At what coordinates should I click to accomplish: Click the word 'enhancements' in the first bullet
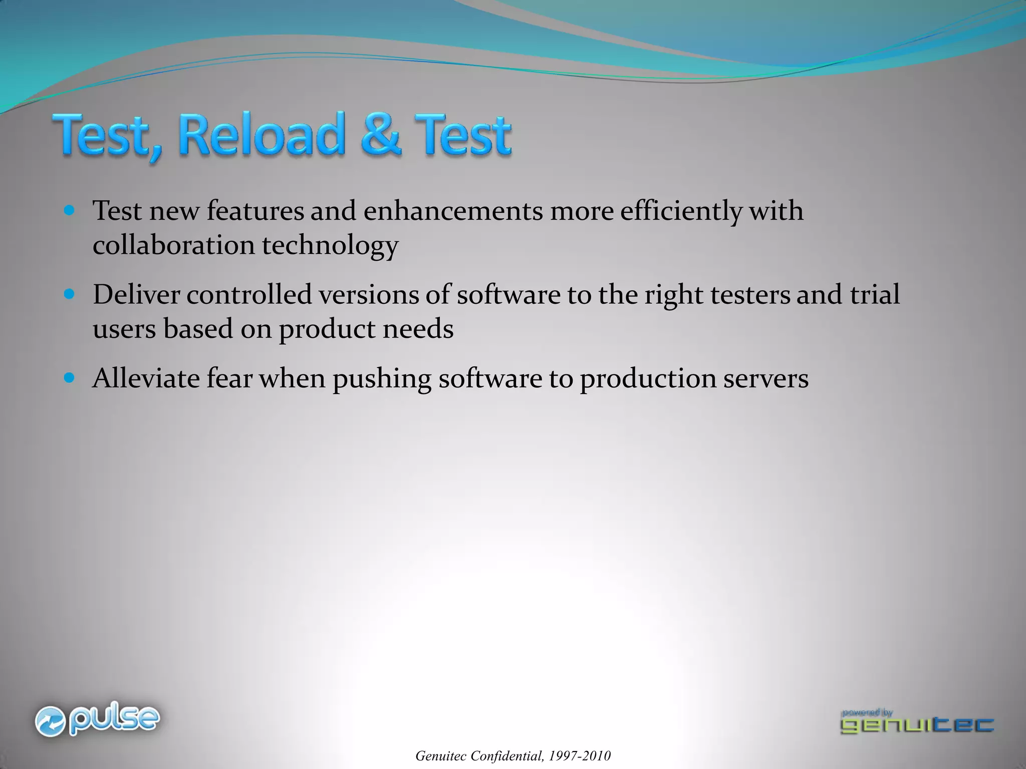click(453, 211)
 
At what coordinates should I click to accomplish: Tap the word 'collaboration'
click(173, 245)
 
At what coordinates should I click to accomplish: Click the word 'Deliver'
click(136, 294)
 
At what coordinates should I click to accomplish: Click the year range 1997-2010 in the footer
click(580, 756)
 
